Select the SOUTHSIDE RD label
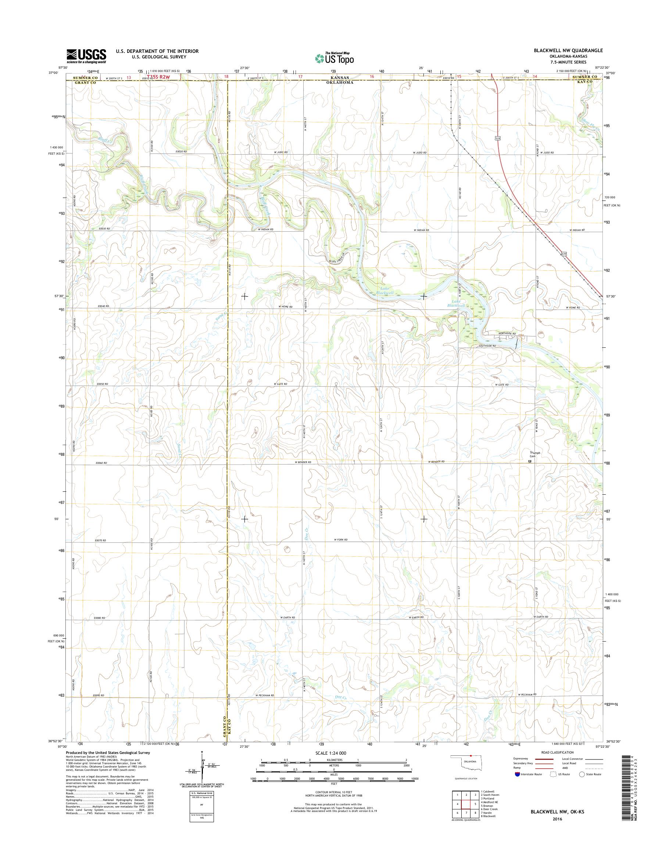pyautogui.click(x=486, y=346)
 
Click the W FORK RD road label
pyautogui.click(x=340, y=540)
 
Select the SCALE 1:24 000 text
pyautogui.click(x=332, y=752)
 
